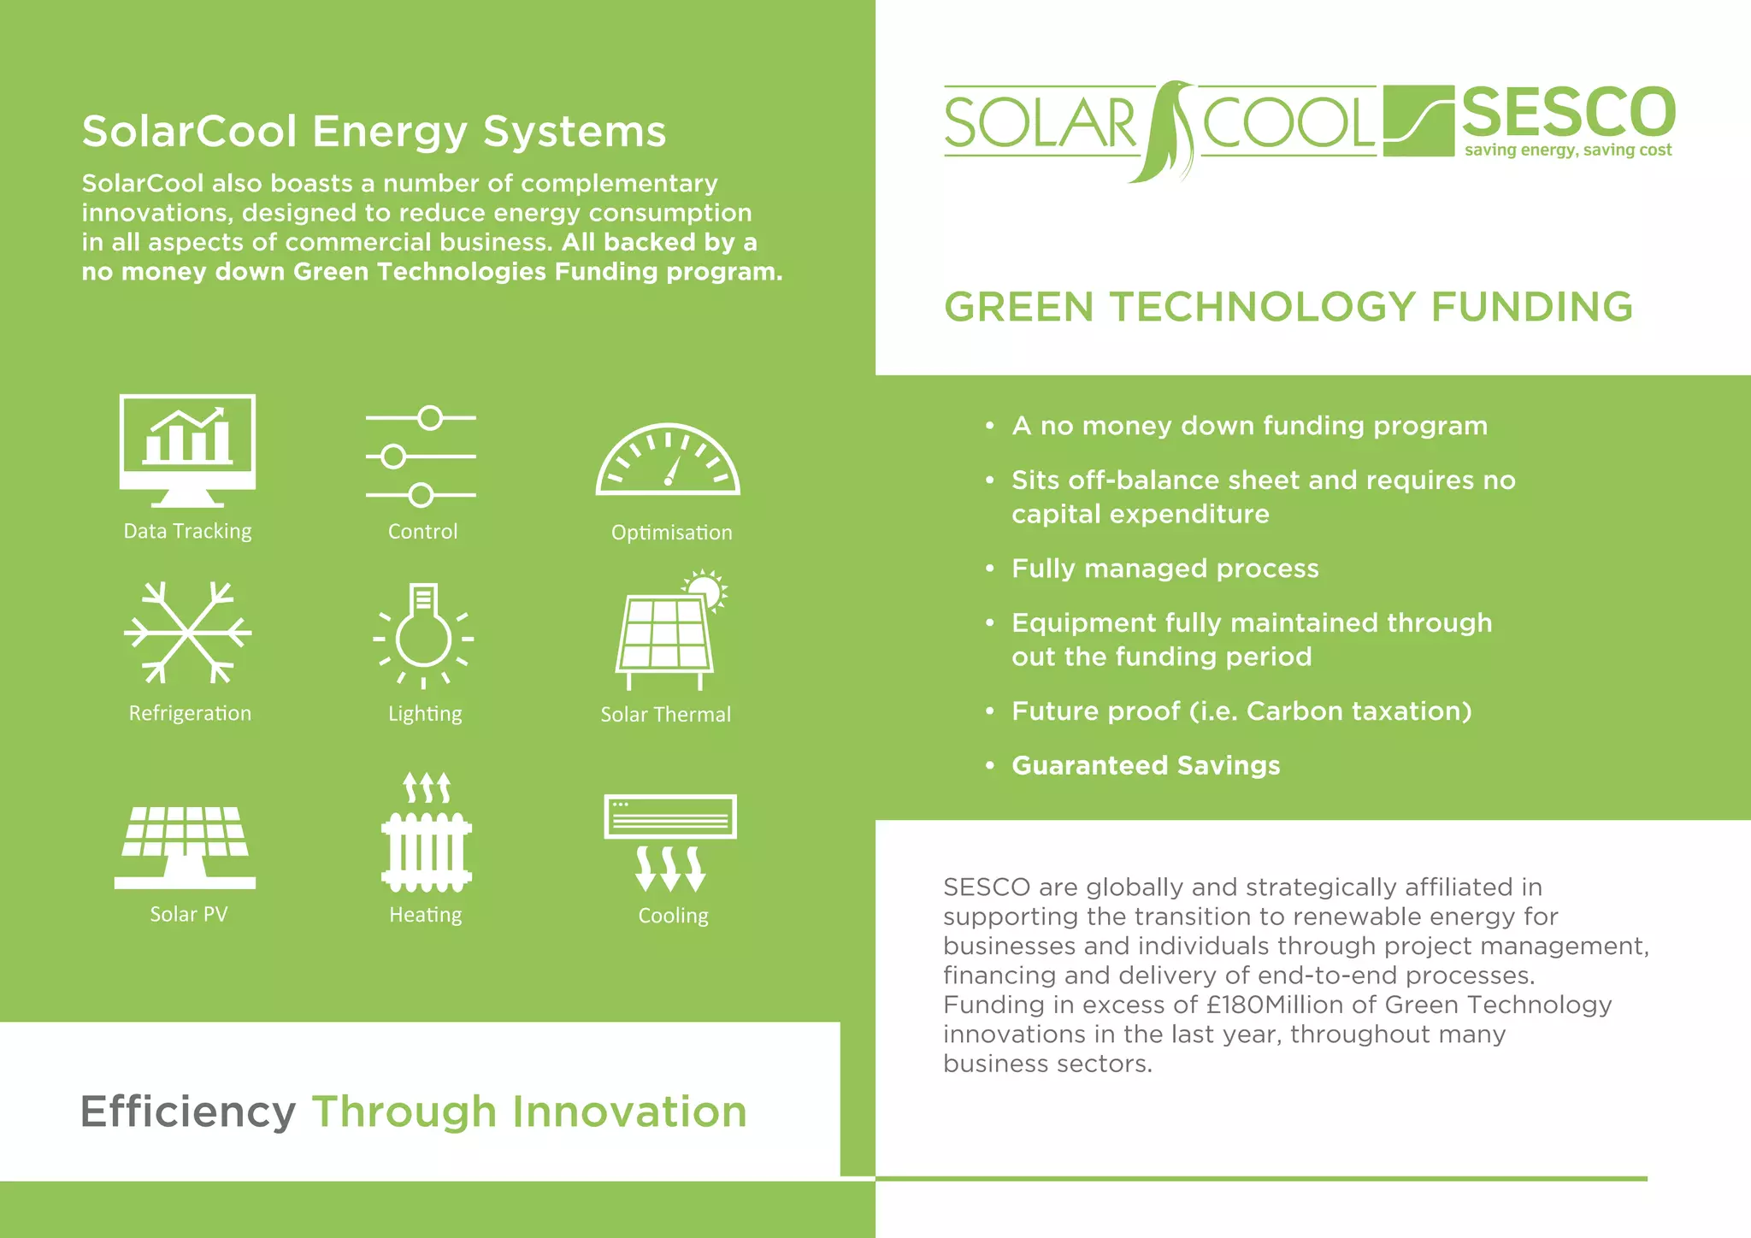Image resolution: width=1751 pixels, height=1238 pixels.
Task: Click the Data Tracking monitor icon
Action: [187, 449]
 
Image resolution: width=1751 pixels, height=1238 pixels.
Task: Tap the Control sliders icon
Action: [421, 457]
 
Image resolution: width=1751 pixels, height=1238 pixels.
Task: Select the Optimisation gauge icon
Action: [668, 462]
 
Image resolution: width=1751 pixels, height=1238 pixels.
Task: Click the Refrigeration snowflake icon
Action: [187, 633]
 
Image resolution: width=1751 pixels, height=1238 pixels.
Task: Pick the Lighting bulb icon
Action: [423, 634]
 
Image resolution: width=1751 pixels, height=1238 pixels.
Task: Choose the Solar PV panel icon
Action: [185, 846]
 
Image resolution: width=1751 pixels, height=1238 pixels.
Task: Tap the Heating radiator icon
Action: [426, 834]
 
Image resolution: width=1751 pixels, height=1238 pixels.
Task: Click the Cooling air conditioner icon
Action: [670, 842]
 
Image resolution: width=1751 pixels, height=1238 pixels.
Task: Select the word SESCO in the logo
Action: [1568, 112]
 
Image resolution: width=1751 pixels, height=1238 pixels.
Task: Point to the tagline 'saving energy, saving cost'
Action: [1568, 150]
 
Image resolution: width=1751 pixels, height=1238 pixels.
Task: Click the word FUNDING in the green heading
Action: [1531, 307]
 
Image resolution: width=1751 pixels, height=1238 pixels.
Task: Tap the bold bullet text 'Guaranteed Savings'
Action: [1146, 765]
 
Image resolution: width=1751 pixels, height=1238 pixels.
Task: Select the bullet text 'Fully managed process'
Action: [1164, 569]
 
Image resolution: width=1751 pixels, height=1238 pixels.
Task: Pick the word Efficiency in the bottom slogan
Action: [188, 1111]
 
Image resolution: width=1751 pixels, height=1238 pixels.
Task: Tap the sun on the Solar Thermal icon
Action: [705, 588]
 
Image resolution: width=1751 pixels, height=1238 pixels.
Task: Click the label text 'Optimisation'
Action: [671, 533]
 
